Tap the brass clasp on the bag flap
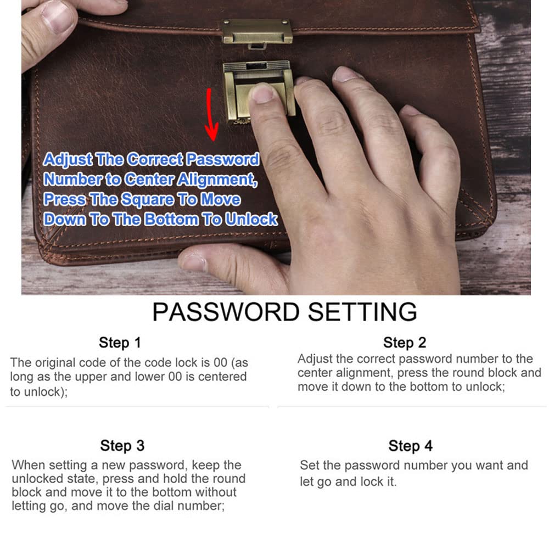coord(257,32)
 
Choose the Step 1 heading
coord(120,343)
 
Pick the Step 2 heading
coord(404,343)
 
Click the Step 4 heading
coord(410,446)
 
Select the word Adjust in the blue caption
coord(67,160)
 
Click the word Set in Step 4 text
coord(309,466)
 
